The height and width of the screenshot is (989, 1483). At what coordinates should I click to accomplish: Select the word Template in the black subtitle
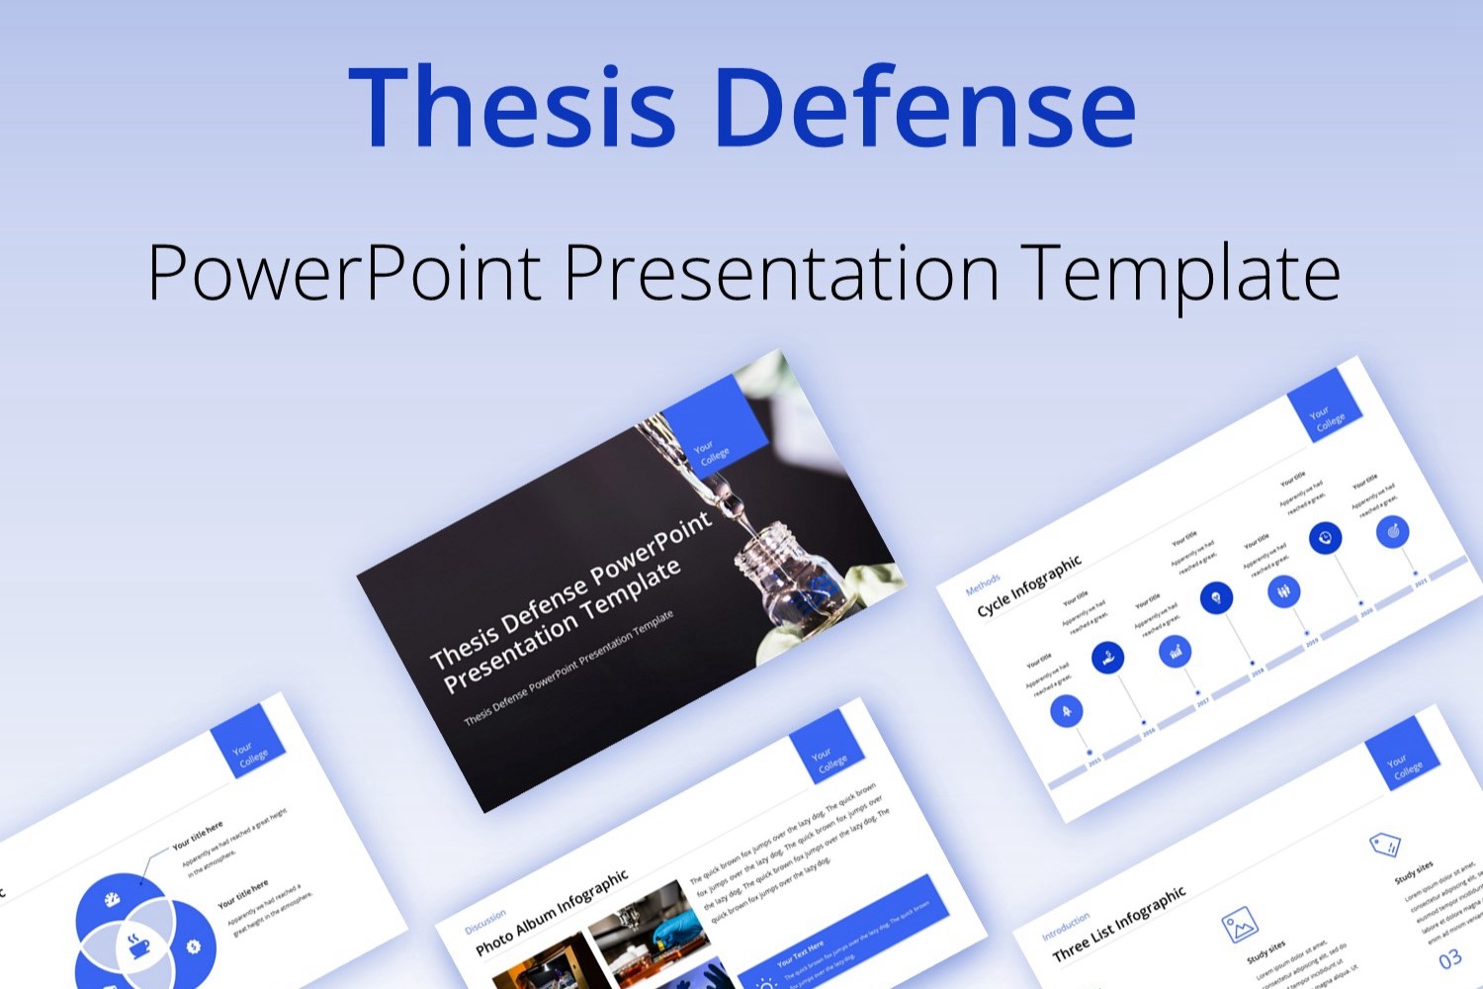tap(1180, 272)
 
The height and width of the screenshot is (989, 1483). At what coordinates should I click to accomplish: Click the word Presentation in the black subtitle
tap(781, 272)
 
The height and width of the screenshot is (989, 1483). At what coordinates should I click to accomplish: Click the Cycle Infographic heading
tap(1029, 585)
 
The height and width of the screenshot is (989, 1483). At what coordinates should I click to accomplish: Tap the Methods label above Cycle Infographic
tap(983, 584)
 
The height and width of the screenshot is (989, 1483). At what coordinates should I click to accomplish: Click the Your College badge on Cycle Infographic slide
tap(1325, 405)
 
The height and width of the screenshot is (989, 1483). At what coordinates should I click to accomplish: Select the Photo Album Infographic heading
tap(551, 913)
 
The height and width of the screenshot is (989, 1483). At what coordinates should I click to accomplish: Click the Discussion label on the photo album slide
tap(485, 922)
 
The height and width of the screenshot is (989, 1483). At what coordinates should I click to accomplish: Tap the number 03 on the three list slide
tap(1449, 959)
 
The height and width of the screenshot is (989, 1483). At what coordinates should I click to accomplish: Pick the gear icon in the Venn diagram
tap(193, 946)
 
